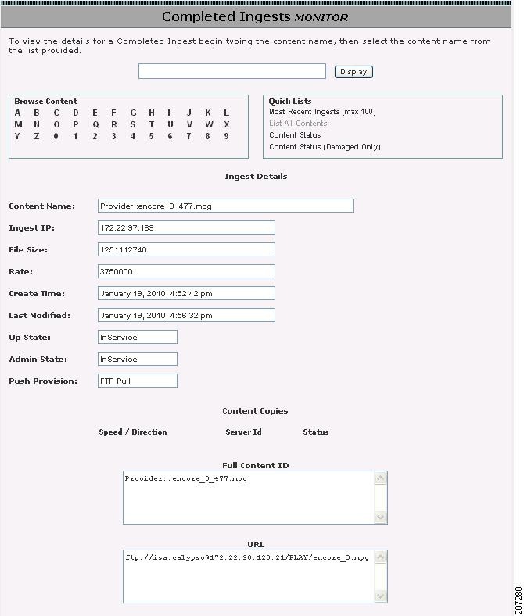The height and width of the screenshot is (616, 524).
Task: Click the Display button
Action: [354, 72]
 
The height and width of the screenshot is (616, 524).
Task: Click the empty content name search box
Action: [231, 71]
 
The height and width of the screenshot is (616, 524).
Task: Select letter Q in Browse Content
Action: [95, 124]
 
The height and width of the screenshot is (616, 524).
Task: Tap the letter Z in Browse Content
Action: [37, 136]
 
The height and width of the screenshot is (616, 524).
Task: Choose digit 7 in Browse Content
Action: [188, 136]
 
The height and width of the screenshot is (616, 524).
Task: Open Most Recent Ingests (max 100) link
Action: [322, 112]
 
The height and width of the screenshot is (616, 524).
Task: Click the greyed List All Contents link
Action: [298, 124]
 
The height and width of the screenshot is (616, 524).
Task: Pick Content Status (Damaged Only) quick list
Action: [325, 147]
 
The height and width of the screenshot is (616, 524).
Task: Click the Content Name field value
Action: [225, 206]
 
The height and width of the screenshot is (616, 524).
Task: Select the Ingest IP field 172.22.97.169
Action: [186, 227]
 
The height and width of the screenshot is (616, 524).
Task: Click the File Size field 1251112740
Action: [186, 249]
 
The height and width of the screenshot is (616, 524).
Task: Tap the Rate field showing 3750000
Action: [186, 271]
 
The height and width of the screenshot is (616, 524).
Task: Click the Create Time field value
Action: [186, 293]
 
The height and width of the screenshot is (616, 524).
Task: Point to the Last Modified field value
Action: [186, 315]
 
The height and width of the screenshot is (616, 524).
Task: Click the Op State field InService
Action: [138, 337]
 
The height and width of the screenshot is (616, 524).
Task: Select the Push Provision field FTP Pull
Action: [138, 381]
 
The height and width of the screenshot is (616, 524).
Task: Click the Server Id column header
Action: [243, 432]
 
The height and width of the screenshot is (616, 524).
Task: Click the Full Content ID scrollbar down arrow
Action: [381, 517]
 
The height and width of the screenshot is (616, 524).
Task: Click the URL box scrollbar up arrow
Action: [381, 557]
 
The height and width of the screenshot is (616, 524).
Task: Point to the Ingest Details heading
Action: [256, 176]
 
